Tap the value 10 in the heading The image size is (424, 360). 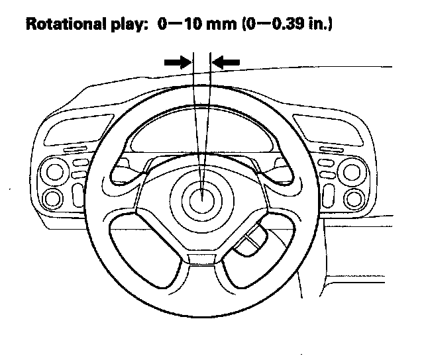point(186,26)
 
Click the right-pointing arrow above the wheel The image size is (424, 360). point(178,62)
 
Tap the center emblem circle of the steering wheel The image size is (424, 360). point(202,197)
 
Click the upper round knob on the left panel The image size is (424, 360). point(54,173)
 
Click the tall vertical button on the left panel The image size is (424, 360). point(78,194)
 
